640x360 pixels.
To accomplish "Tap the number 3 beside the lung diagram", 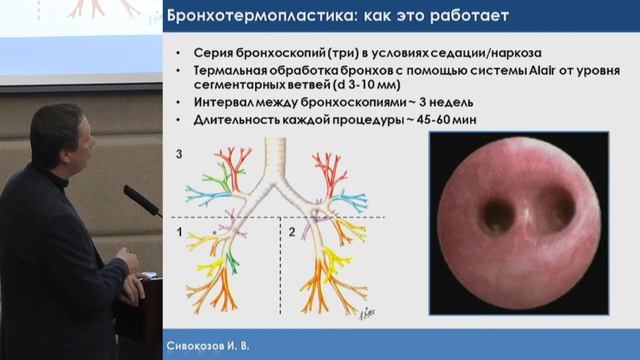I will pos(178,155).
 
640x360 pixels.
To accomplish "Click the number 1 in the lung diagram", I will pos(179,231).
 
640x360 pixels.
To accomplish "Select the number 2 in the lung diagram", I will pos(292,231).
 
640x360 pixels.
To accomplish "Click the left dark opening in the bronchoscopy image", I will pos(496,214).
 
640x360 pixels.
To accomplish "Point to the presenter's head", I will pos(58,135).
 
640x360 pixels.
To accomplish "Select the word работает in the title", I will pos(469,17).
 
